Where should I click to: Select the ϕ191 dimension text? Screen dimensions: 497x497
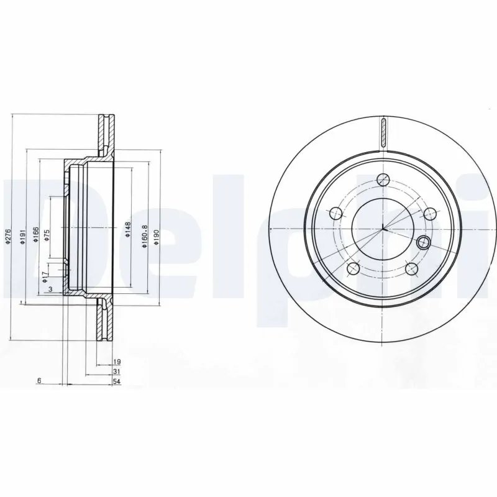point(22,236)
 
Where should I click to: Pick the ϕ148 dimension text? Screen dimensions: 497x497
point(127,229)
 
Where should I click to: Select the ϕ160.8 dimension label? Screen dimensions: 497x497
point(144,237)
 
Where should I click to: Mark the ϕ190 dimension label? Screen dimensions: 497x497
point(157,236)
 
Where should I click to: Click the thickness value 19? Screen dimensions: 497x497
point(116,362)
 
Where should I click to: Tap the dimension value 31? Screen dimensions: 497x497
point(116,371)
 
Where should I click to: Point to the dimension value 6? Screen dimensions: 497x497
point(39,381)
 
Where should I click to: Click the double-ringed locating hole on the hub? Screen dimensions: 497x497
point(424,242)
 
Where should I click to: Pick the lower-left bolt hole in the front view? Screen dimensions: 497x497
point(353,268)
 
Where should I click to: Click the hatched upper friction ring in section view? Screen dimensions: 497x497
point(103,134)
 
